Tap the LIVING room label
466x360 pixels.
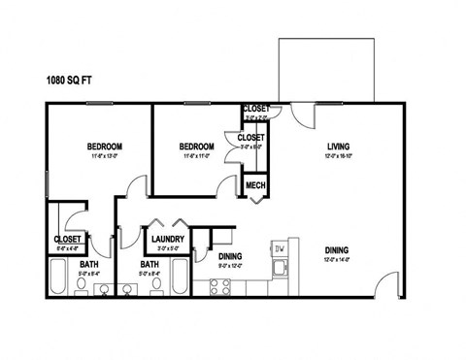[337, 145]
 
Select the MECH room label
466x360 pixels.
[255, 185]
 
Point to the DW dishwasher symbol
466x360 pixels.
[280, 249]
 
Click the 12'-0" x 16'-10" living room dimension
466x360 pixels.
[337, 155]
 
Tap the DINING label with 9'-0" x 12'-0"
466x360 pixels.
[230, 256]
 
